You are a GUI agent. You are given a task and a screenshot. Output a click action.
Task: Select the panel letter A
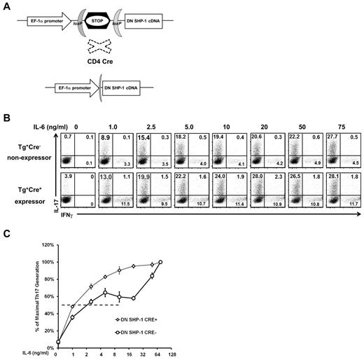pyautogui.click(x=6, y=5)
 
